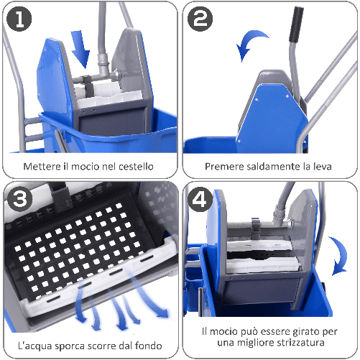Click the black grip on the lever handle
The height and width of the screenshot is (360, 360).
click(x=292, y=28)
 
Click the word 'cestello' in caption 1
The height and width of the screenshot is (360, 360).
click(x=135, y=167)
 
